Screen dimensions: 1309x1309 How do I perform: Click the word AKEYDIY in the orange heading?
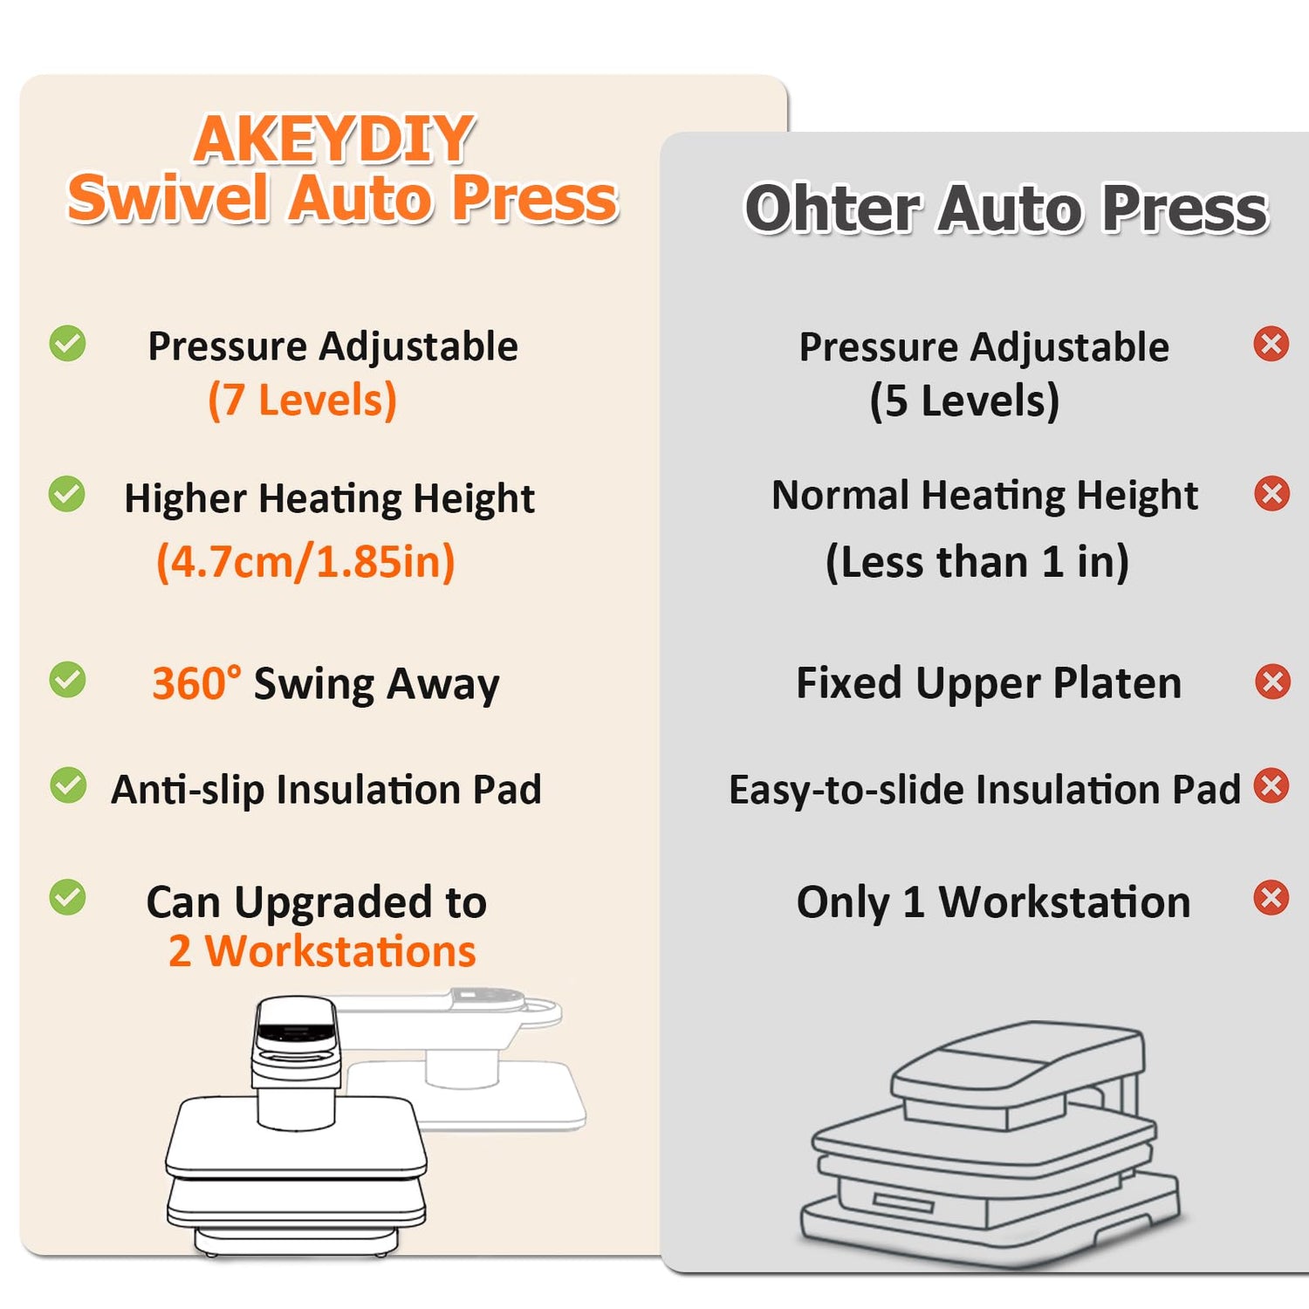click(333, 139)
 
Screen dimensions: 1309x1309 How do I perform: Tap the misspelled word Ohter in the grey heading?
click(833, 209)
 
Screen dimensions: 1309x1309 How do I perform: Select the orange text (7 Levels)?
click(302, 401)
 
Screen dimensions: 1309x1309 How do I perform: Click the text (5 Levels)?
click(964, 401)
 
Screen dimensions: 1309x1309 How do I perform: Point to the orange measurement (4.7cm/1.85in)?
click(305, 561)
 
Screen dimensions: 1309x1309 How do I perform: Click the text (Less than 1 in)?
click(977, 561)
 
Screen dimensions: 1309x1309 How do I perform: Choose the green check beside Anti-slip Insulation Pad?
click(68, 785)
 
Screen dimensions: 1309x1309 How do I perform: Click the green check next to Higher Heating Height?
click(67, 495)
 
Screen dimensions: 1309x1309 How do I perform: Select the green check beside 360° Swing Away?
click(67, 681)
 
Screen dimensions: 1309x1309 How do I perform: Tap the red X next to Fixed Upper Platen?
click(1272, 682)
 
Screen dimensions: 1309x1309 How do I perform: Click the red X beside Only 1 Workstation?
click(1271, 898)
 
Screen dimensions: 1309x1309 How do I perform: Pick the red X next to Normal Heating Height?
click(1272, 494)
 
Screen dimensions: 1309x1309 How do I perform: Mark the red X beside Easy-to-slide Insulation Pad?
click(1271, 785)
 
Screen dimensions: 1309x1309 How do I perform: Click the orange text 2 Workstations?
click(322, 951)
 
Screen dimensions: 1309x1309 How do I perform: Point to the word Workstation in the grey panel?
click(1065, 902)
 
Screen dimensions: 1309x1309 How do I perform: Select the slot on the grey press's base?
click(903, 1203)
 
